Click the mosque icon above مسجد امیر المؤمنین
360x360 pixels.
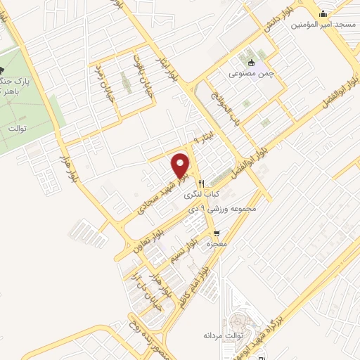(x=323, y=14)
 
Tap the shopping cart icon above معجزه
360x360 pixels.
(x=217, y=233)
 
